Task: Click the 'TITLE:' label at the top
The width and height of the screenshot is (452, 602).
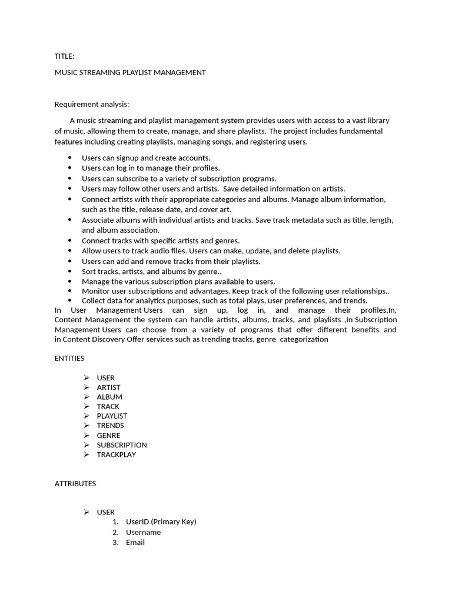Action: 64,56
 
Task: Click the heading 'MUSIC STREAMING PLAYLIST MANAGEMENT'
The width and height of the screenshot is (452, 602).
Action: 130,72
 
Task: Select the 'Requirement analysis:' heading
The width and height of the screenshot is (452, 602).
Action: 91,104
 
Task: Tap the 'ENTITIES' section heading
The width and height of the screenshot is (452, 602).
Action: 69,358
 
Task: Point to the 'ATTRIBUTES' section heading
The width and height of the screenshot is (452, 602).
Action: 75,483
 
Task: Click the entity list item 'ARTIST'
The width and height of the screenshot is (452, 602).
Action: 108,387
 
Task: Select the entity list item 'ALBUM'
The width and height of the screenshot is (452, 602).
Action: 109,397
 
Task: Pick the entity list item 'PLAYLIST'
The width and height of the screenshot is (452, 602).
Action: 112,416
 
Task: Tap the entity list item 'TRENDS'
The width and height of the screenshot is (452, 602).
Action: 111,425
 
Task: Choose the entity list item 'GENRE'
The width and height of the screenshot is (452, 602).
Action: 108,435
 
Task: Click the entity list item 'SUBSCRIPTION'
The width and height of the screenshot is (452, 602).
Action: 122,444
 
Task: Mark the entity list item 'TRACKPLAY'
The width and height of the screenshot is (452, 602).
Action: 117,454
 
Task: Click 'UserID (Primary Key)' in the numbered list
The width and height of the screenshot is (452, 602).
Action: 161,521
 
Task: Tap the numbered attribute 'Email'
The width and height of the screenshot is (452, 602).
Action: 135,542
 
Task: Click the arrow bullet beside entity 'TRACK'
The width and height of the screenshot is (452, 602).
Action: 86,406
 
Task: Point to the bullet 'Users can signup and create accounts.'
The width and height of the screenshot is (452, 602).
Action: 146,158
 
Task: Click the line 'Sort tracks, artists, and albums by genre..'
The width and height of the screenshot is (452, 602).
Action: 151,271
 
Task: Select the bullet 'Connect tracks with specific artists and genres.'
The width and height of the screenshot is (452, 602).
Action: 161,240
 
